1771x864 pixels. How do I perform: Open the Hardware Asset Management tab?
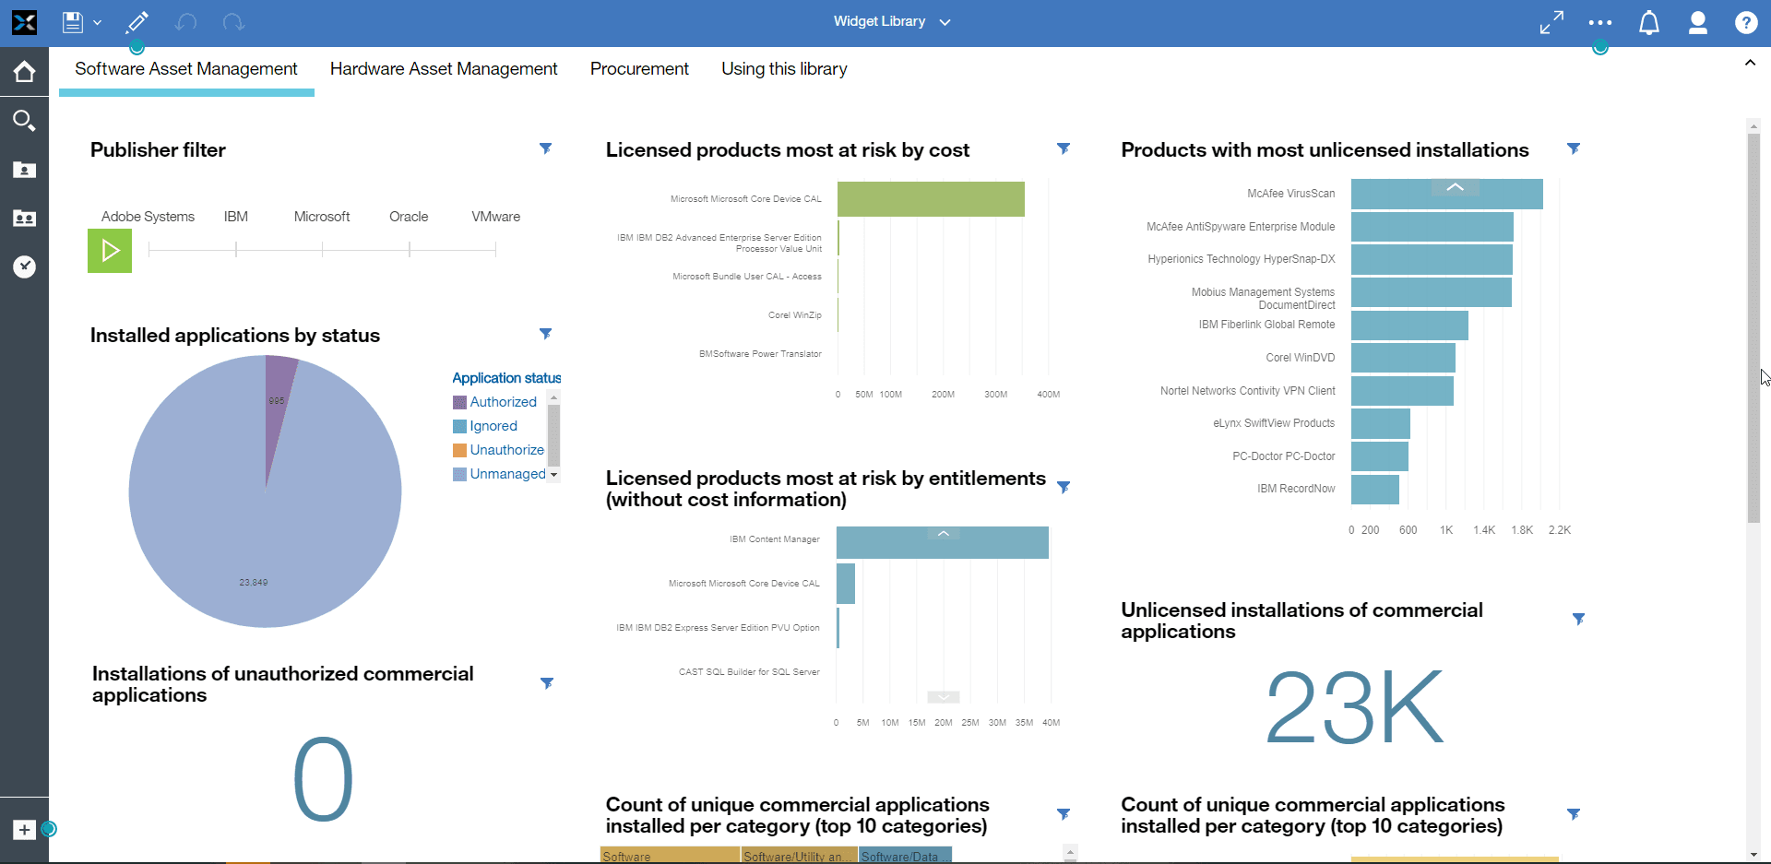pyautogui.click(x=444, y=69)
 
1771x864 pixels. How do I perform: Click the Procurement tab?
pyautogui.click(x=639, y=69)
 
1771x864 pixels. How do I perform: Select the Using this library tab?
pyautogui.click(x=784, y=69)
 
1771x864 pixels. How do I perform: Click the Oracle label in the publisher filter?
pyautogui.click(x=409, y=217)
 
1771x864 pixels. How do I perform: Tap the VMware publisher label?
pyautogui.click(x=495, y=217)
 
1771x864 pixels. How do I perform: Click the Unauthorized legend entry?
pyautogui.click(x=506, y=450)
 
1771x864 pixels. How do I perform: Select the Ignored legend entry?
pyautogui.click(x=493, y=426)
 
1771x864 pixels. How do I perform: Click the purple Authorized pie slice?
pyautogui.click(x=279, y=406)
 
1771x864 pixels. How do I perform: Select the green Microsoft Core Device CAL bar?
pyautogui.click(x=930, y=199)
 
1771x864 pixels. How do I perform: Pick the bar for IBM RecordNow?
pyautogui.click(x=1374, y=489)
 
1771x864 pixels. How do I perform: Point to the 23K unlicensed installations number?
pyautogui.click(x=1353, y=707)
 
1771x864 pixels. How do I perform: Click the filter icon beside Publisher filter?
pyautogui.click(x=545, y=148)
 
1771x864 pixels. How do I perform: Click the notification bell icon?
pyautogui.click(x=1648, y=23)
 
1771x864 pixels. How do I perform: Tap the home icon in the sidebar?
pyautogui.click(x=24, y=72)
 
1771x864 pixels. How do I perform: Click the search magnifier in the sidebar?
pyautogui.click(x=24, y=120)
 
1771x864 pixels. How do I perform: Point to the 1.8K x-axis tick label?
pyautogui.click(x=1522, y=530)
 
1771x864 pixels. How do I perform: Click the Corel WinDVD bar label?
pyautogui.click(x=1300, y=358)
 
